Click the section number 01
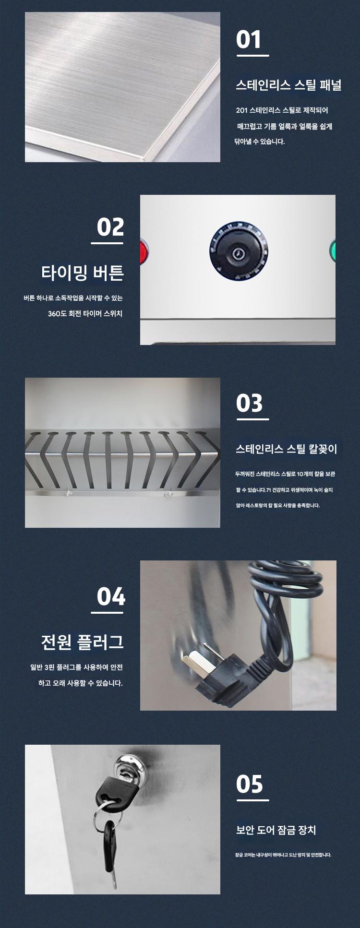tap(249, 39)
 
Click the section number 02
tap(110, 227)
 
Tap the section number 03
tap(249, 404)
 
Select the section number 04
tap(111, 596)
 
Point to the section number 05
tap(249, 784)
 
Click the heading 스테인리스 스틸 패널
tap(288, 85)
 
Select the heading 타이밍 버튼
tap(83, 273)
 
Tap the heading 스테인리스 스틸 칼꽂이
tap(287, 449)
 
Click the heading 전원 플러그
tap(83, 642)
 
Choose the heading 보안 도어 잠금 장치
tap(276, 830)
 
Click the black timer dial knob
tap(239, 251)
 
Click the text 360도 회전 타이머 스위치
tap(85, 314)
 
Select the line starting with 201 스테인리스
tap(282, 110)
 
